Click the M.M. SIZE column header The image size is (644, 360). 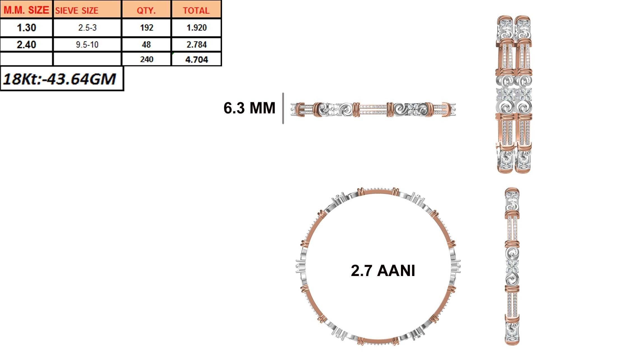click(x=26, y=10)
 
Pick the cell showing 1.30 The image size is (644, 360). click(x=26, y=28)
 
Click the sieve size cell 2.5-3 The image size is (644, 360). click(x=87, y=28)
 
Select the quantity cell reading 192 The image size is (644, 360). click(x=146, y=28)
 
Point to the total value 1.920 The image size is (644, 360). click(x=196, y=28)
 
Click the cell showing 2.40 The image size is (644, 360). click(x=26, y=45)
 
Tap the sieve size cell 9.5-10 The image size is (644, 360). click(x=87, y=45)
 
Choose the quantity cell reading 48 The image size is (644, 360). click(x=146, y=45)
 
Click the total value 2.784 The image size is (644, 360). click(x=196, y=45)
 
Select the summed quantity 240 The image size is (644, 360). click(x=146, y=59)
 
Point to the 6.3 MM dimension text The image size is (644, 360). click(x=249, y=108)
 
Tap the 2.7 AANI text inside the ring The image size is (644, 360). click(x=383, y=271)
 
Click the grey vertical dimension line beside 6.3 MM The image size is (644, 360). click(x=283, y=108)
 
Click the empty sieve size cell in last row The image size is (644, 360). click(x=87, y=59)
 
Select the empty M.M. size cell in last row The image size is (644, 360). click(x=26, y=59)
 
